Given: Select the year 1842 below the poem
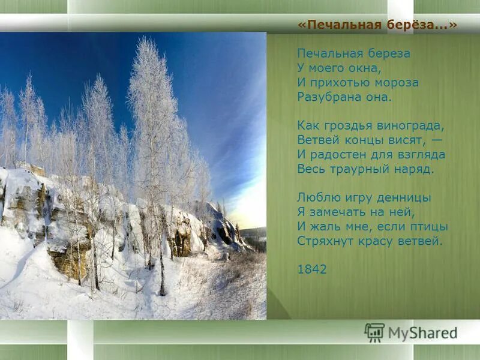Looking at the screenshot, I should (312, 269).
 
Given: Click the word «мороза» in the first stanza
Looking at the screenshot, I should (397, 82).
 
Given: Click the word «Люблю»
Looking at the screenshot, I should (314, 197).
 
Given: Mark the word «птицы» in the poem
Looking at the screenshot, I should (428, 226).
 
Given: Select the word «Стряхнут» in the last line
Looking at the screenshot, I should (323, 241).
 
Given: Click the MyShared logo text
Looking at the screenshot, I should (422, 333).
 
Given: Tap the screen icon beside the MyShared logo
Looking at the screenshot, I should (374, 332).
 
